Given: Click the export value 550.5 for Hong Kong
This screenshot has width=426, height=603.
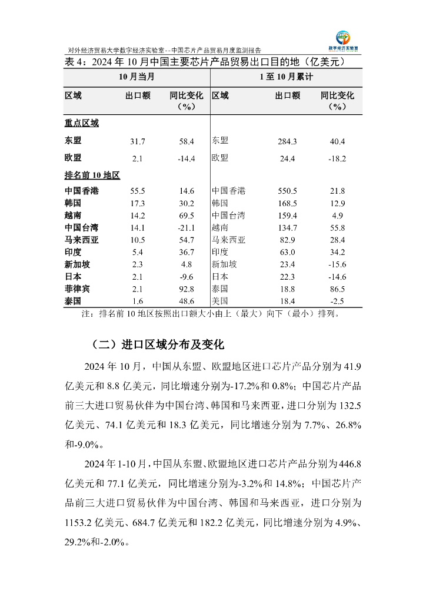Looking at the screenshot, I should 287,191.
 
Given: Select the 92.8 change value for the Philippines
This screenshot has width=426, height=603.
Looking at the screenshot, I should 187,289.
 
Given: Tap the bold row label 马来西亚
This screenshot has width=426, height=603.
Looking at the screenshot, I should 82,240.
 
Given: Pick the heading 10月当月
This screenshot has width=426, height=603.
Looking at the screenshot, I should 137,77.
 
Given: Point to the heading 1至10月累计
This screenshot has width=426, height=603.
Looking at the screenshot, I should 287,77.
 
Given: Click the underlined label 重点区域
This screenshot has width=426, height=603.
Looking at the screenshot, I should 82,123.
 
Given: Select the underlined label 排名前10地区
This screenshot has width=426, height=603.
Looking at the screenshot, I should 92,175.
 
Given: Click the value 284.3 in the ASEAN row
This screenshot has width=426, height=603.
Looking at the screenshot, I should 287,141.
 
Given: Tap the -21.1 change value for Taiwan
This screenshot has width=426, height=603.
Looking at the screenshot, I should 187,227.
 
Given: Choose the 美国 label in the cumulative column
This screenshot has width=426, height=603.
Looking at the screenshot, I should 220,301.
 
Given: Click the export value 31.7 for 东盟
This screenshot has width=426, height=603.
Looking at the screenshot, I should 138,141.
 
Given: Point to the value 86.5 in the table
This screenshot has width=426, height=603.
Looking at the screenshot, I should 338,289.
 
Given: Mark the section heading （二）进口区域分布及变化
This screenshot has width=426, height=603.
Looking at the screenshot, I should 158,344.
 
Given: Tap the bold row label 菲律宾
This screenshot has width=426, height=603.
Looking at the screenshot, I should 78,289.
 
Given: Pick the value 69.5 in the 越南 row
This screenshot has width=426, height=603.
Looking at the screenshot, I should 187,215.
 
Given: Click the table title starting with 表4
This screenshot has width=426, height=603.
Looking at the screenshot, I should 204,62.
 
